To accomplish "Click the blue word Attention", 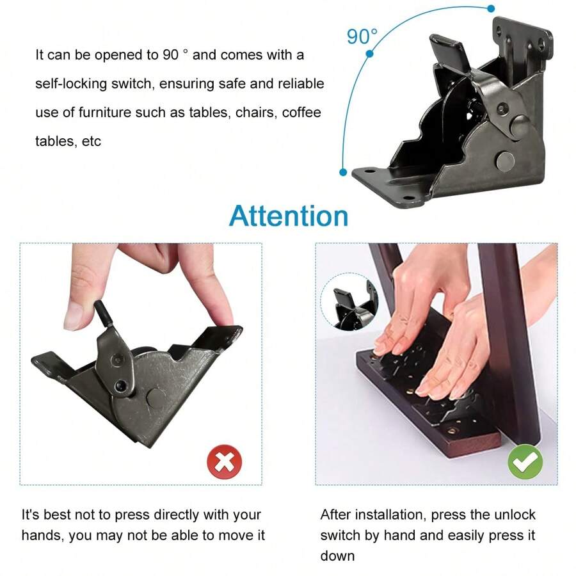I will (x=289, y=216).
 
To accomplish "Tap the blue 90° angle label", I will (x=362, y=36).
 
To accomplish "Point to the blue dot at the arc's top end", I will (x=491, y=8).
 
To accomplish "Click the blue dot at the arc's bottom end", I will (x=344, y=172).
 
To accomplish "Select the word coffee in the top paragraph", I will (x=301, y=113).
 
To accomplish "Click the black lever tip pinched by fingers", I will (x=101, y=312).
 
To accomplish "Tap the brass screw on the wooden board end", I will (x=453, y=431).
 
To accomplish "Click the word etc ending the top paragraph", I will (x=92, y=141).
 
